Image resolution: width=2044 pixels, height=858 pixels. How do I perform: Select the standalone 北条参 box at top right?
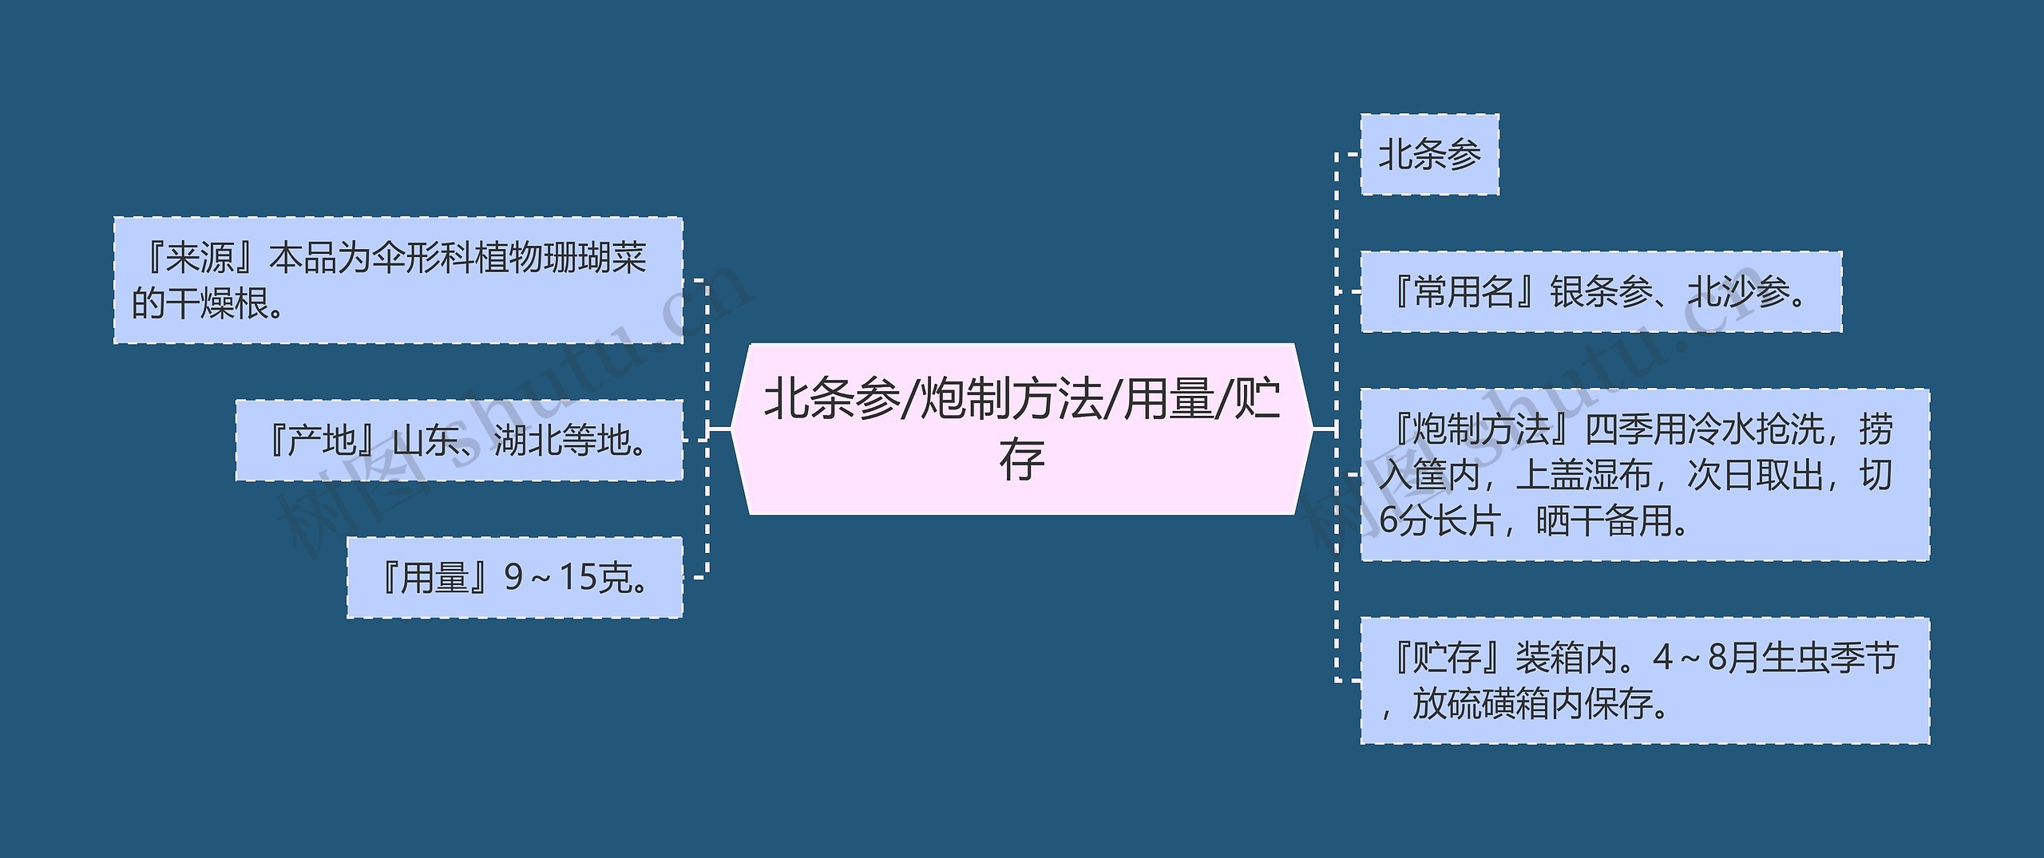tap(1429, 154)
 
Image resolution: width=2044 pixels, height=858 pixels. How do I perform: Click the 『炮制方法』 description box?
tap(1645, 475)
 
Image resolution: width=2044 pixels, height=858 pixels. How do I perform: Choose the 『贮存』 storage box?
tap(1645, 681)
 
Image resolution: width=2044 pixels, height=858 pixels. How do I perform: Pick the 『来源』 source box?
tap(398, 280)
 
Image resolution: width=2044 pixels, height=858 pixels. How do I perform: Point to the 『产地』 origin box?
tap(459, 440)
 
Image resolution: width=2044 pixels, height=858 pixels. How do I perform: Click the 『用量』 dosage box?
tap(514, 577)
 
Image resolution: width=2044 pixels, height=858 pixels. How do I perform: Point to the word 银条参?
tap(1601, 292)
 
